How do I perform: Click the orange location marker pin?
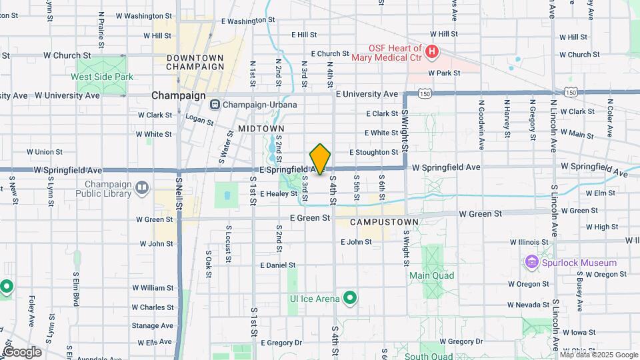[321, 159]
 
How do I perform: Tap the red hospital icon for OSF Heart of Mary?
[432, 51]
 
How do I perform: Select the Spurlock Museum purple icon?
[531, 263]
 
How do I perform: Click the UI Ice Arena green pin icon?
[349, 298]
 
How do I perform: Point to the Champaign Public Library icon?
[141, 188]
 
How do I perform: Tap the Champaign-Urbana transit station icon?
[215, 105]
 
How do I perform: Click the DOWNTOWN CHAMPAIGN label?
[195, 62]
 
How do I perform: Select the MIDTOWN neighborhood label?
[261, 128]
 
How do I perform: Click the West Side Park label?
[102, 77]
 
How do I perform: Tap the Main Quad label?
[431, 275]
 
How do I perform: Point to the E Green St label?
[309, 217]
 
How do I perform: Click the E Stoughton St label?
[373, 153]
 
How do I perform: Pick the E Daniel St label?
[277, 265]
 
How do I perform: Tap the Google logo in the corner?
[22, 351]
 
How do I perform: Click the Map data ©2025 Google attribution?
[598, 354]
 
